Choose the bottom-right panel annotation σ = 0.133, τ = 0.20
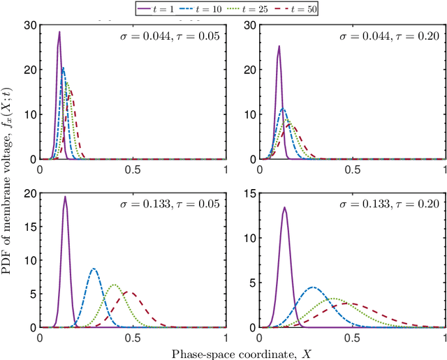click(390, 203)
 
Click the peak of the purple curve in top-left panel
click(59, 32)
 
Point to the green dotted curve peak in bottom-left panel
click(115, 285)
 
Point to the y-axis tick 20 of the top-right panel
click(250, 70)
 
